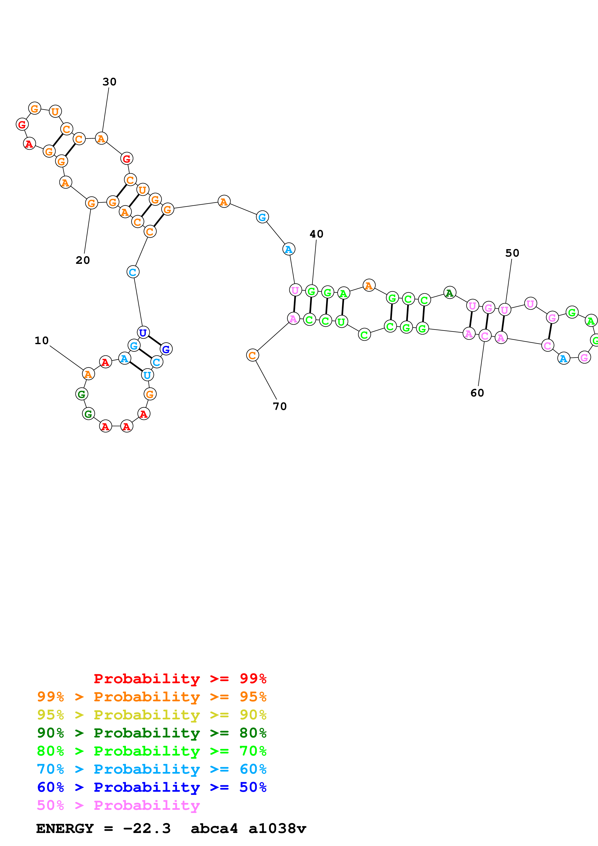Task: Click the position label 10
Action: click(x=42, y=341)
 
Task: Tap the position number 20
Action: click(x=83, y=260)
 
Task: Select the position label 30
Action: click(x=110, y=82)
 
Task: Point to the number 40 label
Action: click(x=316, y=234)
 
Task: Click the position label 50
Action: click(x=512, y=253)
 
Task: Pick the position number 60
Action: click(x=477, y=393)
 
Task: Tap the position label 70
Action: click(x=280, y=406)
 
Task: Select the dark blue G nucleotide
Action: click(x=166, y=349)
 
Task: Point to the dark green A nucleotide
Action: click(x=449, y=293)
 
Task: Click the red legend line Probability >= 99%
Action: click(x=180, y=679)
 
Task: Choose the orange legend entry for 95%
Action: click(x=151, y=697)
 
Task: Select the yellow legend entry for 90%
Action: click(x=151, y=715)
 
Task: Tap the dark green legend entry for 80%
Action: click(x=151, y=733)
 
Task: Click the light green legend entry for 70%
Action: click(x=151, y=751)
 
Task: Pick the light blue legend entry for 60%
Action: click(x=151, y=769)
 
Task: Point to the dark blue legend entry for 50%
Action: click(x=151, y=787)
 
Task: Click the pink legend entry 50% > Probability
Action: click(x=118, y=805)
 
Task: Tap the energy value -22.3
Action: click(x=147, y=828)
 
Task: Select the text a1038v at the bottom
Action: click(x=277, y=828)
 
